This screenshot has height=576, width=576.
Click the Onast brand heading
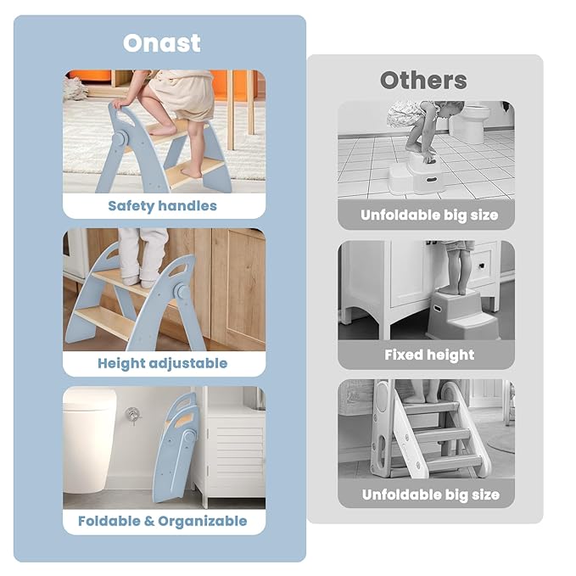(162, 43)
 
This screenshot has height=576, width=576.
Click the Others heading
(423, 80)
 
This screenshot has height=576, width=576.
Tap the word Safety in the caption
(131, 206)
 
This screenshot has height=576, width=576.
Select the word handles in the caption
(187, 205)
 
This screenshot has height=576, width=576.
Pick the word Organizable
(203, 521)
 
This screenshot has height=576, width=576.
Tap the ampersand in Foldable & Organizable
(148, 521)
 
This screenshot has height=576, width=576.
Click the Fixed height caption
(429, 355)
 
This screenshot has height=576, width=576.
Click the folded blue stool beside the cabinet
(176, 447)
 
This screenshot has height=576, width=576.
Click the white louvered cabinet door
(236, 461)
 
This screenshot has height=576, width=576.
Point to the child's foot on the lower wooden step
(192, 173)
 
